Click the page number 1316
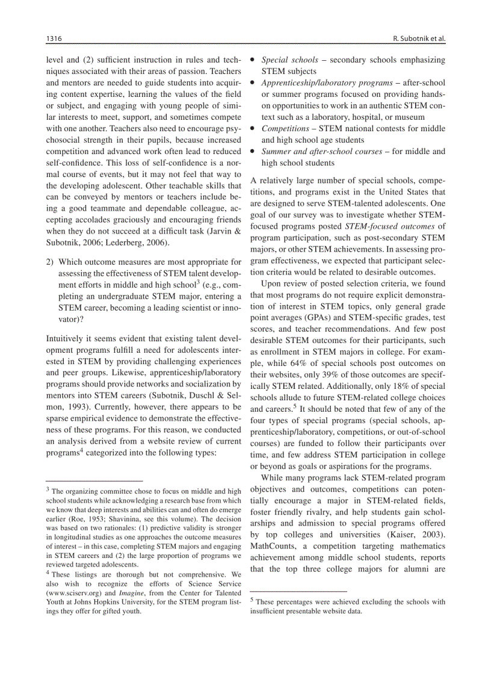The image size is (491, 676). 55,39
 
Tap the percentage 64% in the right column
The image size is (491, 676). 297,364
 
